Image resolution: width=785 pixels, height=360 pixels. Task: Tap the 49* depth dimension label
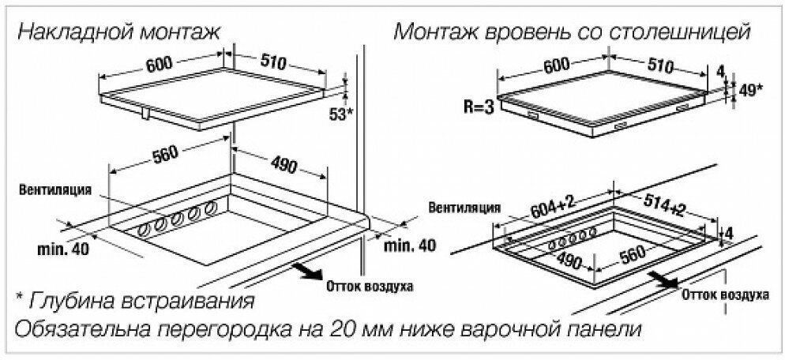point(748,89)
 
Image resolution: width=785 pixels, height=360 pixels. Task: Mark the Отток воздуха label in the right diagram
point(723,294)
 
